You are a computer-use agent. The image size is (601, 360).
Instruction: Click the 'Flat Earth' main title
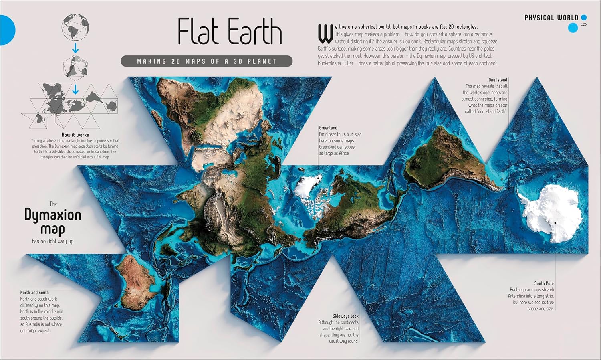pyautogui.click(x=230, y=31)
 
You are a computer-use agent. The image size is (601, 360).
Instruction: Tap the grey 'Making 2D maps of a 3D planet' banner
pyautogui.click(x=206, y=61)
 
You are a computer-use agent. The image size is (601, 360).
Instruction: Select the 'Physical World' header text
pyautogui.click(x=551, y=18)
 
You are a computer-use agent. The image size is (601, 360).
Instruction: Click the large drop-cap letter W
pyautogui.click(x=325, y=34)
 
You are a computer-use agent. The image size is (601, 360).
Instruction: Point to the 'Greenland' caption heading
pyautogui.click(x=328, y=128)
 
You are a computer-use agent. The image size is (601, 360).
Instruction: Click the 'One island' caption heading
pyautogui.click(x=498, y=80)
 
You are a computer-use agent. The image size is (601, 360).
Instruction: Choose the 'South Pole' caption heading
pyautogui.click(x=544, y=283)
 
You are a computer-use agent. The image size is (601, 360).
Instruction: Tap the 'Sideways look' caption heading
pyautogui.click(x=345, y=316)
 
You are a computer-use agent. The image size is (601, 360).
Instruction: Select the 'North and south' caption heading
pyautogui.click(x=34, y=292)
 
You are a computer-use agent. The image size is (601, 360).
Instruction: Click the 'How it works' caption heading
pyautogui.click(x=75, y=135)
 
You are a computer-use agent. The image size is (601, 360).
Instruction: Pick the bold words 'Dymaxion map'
pyautogui.click(x=53, y=222)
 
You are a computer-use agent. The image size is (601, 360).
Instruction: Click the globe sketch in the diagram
pyautogui.click(x=75, y=28)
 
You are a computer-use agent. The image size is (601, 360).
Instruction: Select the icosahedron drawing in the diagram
pyautogui.click(x=75, y=66)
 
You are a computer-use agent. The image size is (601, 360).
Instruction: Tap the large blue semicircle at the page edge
pyautogui.click(x=6, y=30)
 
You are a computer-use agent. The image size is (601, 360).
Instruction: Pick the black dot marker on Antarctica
pyautogui.click(x=555, y=222)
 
